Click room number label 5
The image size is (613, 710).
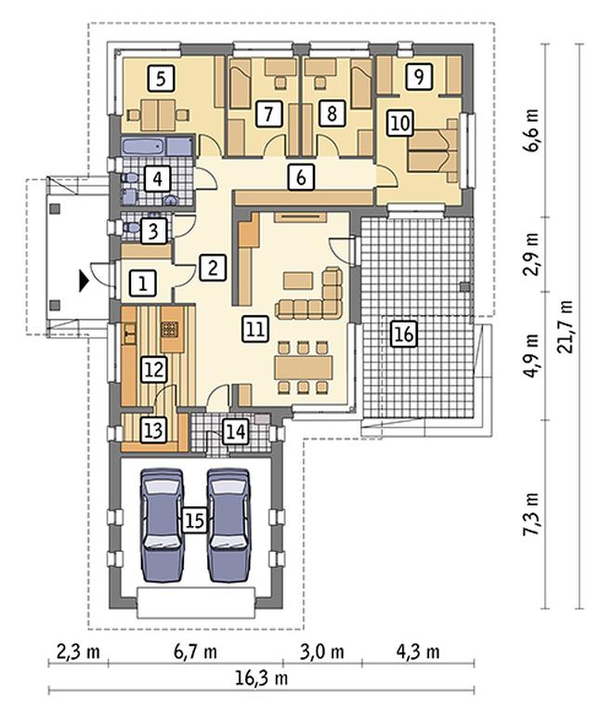click(x=161, y=78)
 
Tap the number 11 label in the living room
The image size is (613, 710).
click(x=255, y=328)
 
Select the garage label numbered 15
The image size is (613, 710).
click(x=194, y=520)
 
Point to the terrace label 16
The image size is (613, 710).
click(x=403, y=335)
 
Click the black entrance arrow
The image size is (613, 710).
click(x=84, y=282)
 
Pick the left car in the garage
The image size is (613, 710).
click(x=163, y=525)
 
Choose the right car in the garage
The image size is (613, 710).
click(x=228, y=525)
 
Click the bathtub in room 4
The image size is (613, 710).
click(x=157, y=147)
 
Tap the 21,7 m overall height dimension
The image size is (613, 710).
click(x=566, y=326)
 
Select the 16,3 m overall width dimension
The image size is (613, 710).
click(x=262, y=677)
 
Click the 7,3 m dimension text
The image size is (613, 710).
click(x=531, y=515)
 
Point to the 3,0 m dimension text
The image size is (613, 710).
click(x=322, y=652)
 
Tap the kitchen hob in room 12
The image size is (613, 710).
click(x=170, y=329)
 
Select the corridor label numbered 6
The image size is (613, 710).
click(x=301, y=177)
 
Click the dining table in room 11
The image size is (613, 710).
click(x=304, y=367)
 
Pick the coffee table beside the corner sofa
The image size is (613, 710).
click(x=298, y=281)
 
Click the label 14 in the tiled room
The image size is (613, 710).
click(x=235, y=431)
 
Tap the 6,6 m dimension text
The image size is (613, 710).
click(x=531, y=130)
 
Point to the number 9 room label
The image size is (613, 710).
click(x=419, y=76)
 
